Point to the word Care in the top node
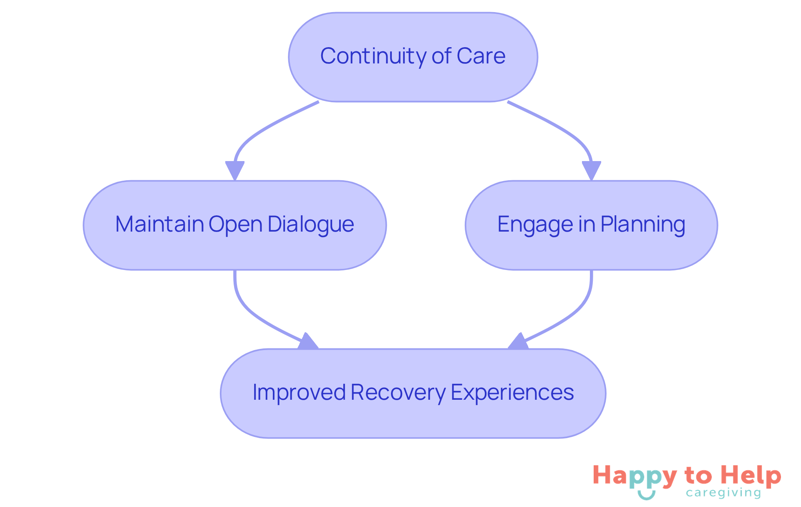(481, 56)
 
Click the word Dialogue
(311, 224)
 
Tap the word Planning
(642, 224)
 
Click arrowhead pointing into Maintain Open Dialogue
(235, 170)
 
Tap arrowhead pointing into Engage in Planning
(591, 170)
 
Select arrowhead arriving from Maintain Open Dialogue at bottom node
(308, 342)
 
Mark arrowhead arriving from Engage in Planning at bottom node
(518, 342)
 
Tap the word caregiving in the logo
(723, 493)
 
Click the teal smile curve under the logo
(647, 496)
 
